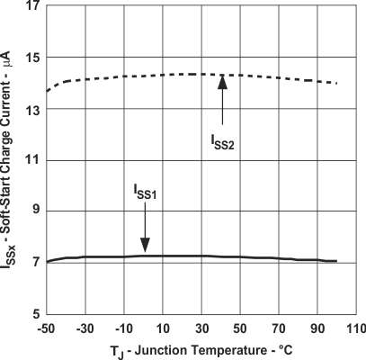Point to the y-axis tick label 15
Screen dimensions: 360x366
[x=31, y=58]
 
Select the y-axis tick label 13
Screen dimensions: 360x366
[x=31, y=110]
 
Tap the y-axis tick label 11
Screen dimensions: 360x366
[x=31, y=160]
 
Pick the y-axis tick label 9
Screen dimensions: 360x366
[x=34, y=211]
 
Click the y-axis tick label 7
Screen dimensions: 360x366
[x=34, y=262]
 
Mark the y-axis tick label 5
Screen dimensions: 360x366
[x=34, y=313]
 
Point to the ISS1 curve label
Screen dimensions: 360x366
[x=144, y=193]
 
